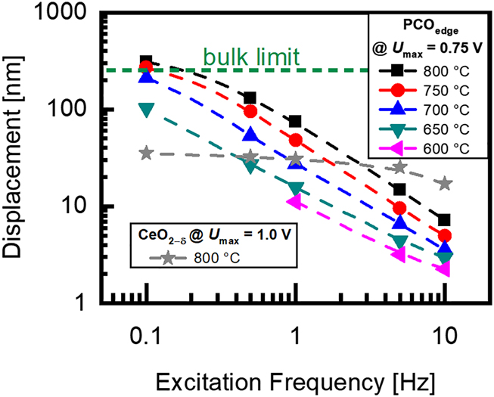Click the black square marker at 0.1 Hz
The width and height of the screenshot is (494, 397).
coord(147,61)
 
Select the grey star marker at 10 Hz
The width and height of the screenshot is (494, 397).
coord(446,183)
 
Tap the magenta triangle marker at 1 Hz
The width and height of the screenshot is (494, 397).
coord(296,202)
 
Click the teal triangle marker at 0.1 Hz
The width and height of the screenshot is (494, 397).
coord(147,109)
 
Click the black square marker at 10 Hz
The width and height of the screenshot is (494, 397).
coord(446,220)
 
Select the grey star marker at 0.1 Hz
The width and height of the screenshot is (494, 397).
coord(147,154)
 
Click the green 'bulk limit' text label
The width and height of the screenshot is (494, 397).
coord(252,56)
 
